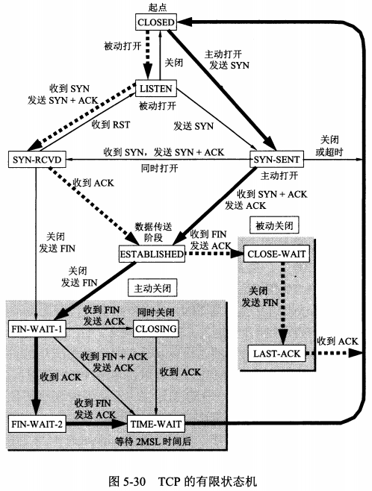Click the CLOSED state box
click(156, 22)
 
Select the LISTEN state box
click(156, 88)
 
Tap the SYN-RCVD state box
click(37, 160)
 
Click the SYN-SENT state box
click(276, 159)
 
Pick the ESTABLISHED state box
click(152, 254)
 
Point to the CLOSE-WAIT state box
click(276, 254)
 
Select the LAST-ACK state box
click(276, 354)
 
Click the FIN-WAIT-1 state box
click(37, 328)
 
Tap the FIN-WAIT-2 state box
click(37, 424)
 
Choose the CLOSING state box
click(156, 328)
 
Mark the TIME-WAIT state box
click(156, 424)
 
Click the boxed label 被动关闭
click(274, 225)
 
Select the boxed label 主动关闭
click(152, 288)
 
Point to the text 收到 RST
click(111, 125)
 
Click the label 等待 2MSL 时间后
click(152, 442)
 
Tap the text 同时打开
click(159, 169)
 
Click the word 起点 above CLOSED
click(158, 7)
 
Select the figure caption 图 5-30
click(128, 481)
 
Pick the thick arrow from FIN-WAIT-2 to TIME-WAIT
click(96, 424)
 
